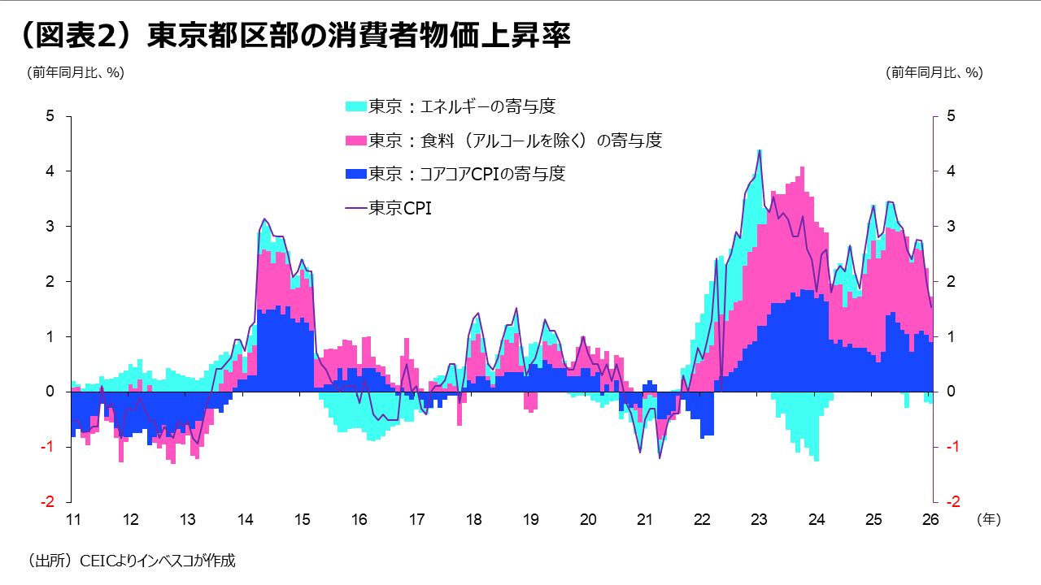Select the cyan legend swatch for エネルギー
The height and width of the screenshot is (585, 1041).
(356, 106)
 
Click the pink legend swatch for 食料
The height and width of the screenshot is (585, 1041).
(356, 141)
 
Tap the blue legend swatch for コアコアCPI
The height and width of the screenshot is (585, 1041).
(356, 174)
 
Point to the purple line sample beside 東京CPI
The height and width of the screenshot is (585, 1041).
(356, 208)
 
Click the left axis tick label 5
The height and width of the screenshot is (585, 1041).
(50, 116)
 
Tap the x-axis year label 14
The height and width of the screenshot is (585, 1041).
(244, 519)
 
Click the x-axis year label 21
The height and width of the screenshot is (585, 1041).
(645, 519)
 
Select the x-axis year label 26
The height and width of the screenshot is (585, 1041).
(931, 519)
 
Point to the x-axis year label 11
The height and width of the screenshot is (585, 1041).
(72, 519)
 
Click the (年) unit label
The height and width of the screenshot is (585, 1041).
(987, 518)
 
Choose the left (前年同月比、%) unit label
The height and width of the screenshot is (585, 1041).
(76, 72)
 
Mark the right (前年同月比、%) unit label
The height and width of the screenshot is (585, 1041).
(934, 72)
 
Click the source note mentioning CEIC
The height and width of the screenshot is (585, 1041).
(131, 561)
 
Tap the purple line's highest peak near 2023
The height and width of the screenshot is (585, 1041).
(760, 151)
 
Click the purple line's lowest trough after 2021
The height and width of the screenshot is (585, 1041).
(660, 458)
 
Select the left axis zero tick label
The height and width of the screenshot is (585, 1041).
(50, 392)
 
